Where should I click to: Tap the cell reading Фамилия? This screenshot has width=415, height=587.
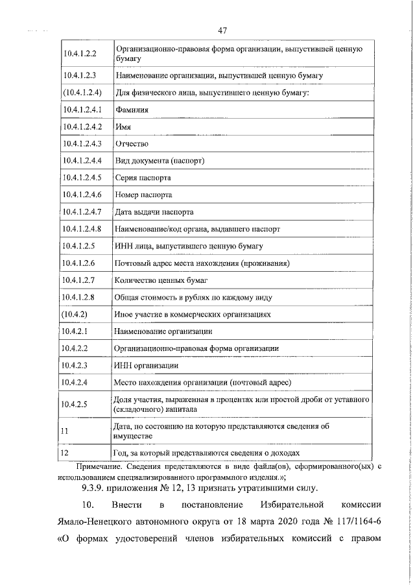click(x=132, y=110)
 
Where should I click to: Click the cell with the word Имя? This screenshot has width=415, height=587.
click(x=123, y=127)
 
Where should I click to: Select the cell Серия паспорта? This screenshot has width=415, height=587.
click(x=143, y=177)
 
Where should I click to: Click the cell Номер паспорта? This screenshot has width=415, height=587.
click(x=143, y=194)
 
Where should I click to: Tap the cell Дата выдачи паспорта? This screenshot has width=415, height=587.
click(x=154, y=211)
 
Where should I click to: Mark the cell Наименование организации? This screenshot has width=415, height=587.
click(x=163, y=331)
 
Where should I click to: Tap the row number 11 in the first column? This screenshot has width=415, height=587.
click(x=64, y=431)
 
